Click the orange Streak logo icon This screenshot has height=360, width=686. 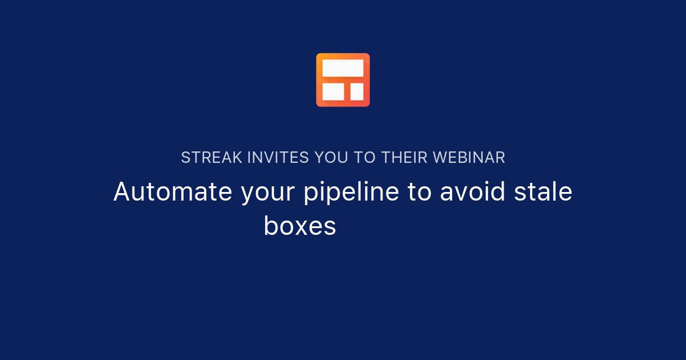343,80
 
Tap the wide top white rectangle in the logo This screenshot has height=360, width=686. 343,68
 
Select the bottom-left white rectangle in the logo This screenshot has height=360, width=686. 333,91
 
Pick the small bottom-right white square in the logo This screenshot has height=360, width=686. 357,91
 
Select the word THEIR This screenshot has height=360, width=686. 405,158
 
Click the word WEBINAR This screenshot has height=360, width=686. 469,158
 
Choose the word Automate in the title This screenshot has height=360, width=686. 173,192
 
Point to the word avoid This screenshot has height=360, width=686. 473,192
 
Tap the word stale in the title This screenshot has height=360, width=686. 543,192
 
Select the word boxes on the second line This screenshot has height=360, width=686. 300,226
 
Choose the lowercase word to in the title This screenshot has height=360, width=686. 419,193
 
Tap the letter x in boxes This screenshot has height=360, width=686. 303,227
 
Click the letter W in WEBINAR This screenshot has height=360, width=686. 440,158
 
